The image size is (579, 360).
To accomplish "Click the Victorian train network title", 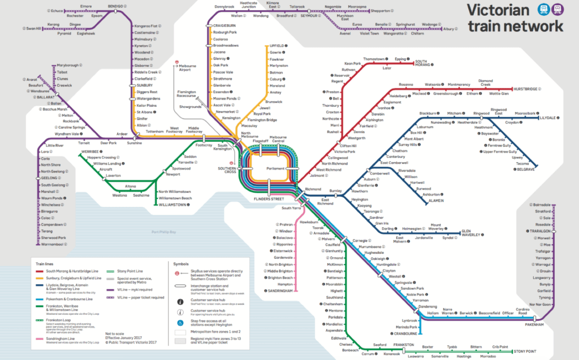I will click(514, 18).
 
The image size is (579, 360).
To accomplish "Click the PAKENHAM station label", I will click(532, 325).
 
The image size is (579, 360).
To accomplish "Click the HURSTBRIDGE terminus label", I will click(525, 89).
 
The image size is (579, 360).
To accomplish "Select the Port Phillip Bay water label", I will click(164, 232).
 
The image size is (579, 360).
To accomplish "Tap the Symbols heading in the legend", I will click(182, 263).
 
